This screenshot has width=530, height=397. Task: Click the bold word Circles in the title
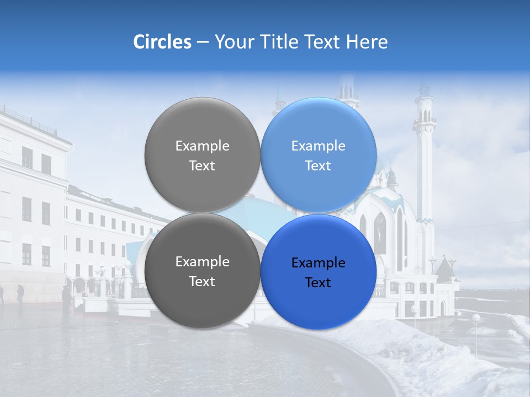click(162, 42)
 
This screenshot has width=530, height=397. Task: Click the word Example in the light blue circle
click(318, 146)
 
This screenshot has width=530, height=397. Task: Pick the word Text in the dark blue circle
click(318, 283)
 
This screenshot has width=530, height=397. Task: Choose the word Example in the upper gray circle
click(202, 146)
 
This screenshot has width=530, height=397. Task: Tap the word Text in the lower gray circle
click(202, 282)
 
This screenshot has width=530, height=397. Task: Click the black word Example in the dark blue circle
click(318, 263)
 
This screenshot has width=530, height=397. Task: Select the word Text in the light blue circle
click(318, 166)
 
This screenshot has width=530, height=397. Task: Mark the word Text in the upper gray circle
click(202, 166)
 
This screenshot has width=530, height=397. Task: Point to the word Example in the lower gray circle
click(202, 262)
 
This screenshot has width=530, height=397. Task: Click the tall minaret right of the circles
click(425, 165)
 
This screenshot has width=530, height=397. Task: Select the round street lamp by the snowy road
click(475, 318)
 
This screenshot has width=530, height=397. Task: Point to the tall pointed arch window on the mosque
click(380, 232)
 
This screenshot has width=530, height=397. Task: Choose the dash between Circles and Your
click(203, 42)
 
